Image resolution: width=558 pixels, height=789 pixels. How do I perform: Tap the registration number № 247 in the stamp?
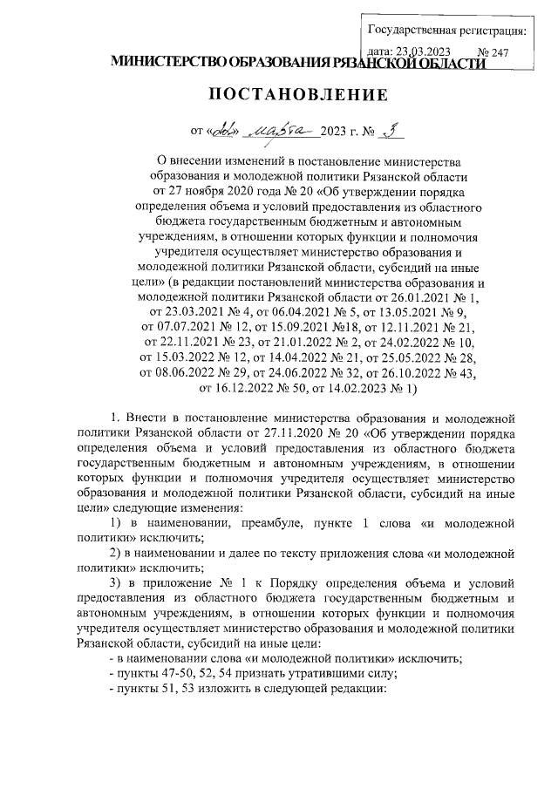[x=493, y=52]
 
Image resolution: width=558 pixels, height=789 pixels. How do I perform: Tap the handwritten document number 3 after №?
[x=394, y=131]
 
